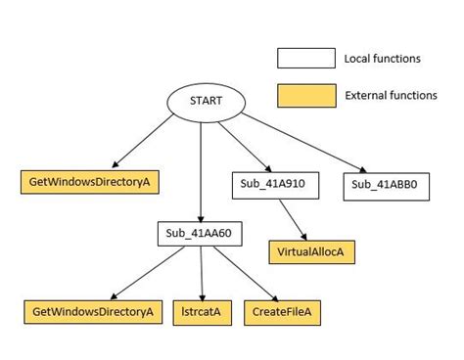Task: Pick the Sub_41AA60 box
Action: coord(200,234)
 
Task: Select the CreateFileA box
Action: coord(283,312)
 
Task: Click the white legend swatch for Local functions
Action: coord(304,59)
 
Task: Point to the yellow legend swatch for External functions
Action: coord(304,95)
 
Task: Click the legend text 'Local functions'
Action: coord(382,59)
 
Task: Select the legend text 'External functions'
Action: coord(391,95)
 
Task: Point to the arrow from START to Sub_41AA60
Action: coord(201,171)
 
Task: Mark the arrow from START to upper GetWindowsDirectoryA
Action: coord(147,143)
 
